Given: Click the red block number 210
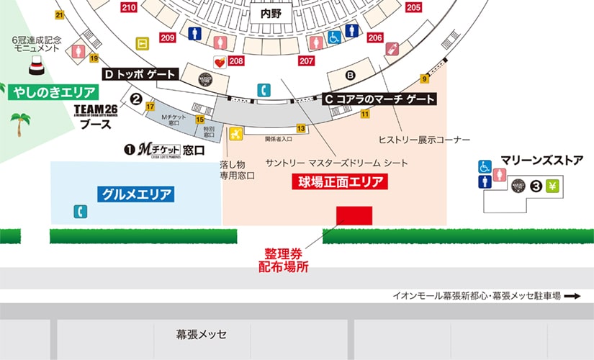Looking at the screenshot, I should pyautogui.click(x=129, y=7).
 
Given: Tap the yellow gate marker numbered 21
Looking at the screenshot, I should pyautogui.click(x=59, y=15).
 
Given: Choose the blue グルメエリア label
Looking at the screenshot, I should pyautogui.click(x=136, y=194).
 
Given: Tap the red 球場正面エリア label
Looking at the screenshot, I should pyautogui.click(x=339, y=182).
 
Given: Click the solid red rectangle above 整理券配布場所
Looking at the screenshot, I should pyautogui.click(x=354, y=216).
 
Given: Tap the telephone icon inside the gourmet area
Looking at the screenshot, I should pyautogui.click(x=81, y=212).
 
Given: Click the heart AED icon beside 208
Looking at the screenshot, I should pyautogui.click(x=220, y=61).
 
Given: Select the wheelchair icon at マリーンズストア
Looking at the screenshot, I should pyautogui.click(x=485, y=166).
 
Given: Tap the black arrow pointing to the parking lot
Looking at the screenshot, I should pyautogui.click(x=572, y=295).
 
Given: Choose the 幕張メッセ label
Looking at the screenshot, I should pyautogui.click(x=202, y=335).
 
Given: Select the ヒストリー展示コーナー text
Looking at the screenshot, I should pyautogui.click(x=424, y=139).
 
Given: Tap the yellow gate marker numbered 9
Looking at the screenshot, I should pyautogui.click(x=425, y=78).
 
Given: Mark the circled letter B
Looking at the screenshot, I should pyautogui.click(x=351, y=75).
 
